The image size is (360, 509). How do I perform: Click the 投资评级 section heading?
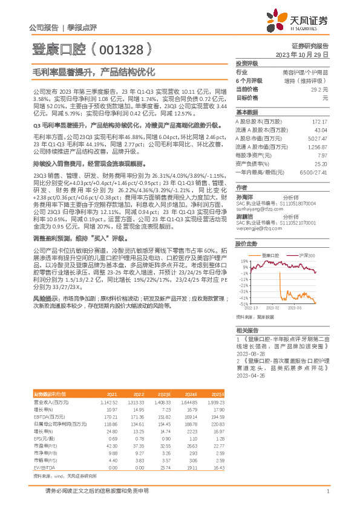[247, 63]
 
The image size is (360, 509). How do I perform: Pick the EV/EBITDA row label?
[44, 451]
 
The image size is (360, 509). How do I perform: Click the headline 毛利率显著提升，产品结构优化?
[94, 71]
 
